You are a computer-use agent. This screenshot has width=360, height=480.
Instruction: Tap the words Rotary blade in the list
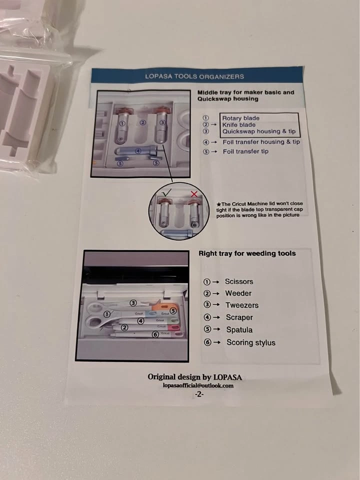pyautogui.click(x=240, y=118)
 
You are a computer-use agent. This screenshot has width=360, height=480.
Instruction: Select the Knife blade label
pyautogui.click(x=239, y=125)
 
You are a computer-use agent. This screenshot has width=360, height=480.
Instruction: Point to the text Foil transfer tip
pyautogui.click(x=245, y=151)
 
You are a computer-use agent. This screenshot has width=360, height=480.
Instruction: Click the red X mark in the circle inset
pyautogui.click(x=194, y=194)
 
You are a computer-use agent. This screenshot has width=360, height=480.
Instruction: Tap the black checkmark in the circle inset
pyautogui.click(x=167, y=193)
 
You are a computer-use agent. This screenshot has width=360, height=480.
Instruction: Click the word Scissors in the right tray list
pyautogui.click(x=239, y=281)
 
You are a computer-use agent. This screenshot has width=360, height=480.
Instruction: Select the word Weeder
pyautogui.click(x=238, y=293)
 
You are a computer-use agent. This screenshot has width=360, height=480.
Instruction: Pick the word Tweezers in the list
pyautogui.click(x=242, y=305)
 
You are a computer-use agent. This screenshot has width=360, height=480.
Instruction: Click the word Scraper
pyautogui.click(x=239, y=317)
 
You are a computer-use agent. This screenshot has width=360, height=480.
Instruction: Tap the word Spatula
pyautogui.click(x=239, y=329)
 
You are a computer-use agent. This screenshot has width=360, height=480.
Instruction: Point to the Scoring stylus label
pyautogui.click(x=251, y=342)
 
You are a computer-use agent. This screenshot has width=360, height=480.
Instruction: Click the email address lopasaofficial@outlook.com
pyautogui.click(x=198, y=385)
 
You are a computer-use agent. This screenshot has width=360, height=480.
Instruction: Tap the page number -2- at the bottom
pyautogui.click(x=199, y=394)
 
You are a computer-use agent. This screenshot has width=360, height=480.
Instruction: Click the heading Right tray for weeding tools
pyautogui.click(x=247, y=253)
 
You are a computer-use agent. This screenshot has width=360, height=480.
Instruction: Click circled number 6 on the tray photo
pyautogui.click(x=155, y=334)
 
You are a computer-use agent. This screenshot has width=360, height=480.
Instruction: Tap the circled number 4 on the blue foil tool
pyautogui.click(x=138, y=150)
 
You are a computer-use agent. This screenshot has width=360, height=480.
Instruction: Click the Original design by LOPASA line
pyautogui.click(x=194, y=377)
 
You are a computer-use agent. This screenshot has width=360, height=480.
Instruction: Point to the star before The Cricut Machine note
pyautogui.click(x=218, y=204)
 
